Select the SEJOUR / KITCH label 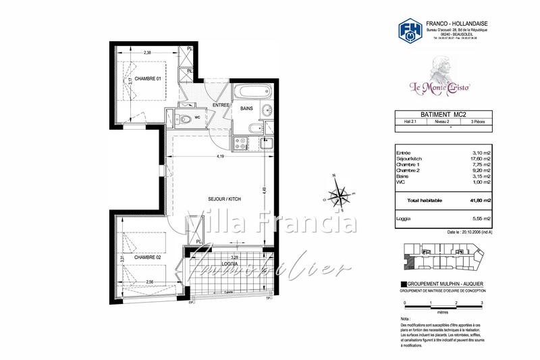click(x=225, y=199)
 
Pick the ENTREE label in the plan click(x=221, y=105)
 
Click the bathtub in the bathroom click(x=251, y=91)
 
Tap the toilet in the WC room click(x=184, y=120)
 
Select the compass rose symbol click(x=337, y=195)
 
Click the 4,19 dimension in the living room click(x=220, y=157)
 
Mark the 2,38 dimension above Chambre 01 click(x=147, y=51)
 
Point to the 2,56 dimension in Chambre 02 click(x=149, y=282)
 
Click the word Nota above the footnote click(x=405, y=318)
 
